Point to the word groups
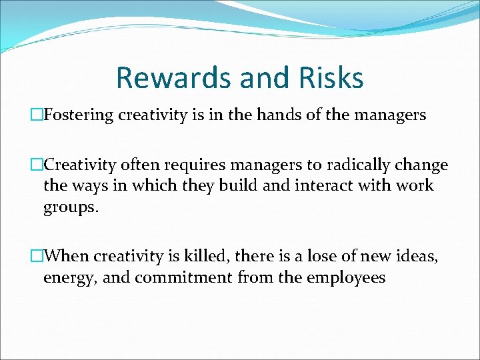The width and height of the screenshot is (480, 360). [x=71, y=207]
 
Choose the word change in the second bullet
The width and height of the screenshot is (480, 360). [x=425, y=165]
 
